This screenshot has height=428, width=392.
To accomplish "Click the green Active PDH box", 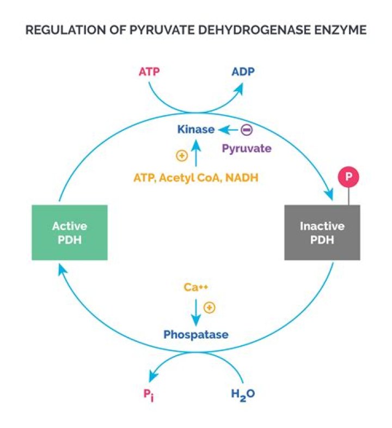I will point(70,232).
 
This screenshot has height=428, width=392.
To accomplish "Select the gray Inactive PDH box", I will point(322,232).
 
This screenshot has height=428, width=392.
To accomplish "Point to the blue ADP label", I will point(243,73).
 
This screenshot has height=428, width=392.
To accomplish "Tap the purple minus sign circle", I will point(247,130).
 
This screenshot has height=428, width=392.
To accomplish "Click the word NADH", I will point(242,177).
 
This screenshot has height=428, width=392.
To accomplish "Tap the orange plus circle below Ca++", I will point(209,308).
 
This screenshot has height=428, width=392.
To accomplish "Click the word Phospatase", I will point(196,334).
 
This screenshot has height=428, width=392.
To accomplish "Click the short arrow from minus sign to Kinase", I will point(228,130).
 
